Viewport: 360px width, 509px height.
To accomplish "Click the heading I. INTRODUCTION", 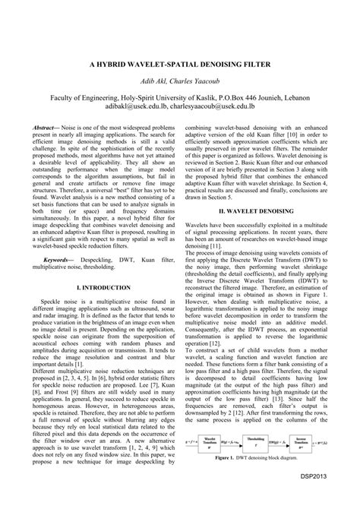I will (x=103, y=289).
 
